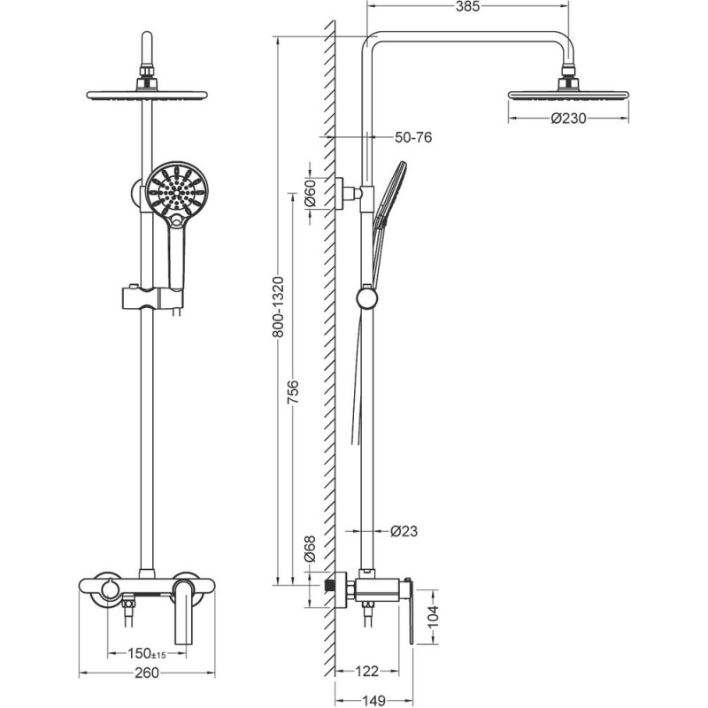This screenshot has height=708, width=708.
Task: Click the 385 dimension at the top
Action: point(467,7)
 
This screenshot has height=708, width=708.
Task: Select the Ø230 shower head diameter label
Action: point(568,119)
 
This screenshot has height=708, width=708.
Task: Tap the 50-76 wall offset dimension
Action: point(413,137)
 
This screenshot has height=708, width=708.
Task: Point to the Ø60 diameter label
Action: point(311,193)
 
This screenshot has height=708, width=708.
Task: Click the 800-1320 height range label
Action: point(279,307)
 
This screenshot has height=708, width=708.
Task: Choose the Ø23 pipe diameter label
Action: point(404,531)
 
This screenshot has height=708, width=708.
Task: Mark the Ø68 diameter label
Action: point(310,549)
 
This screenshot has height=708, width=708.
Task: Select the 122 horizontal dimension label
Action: point(366,672)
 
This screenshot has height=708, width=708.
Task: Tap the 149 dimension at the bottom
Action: point(373,701)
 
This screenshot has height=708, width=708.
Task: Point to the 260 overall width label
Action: point(147,673)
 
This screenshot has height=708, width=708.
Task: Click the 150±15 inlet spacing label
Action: point(147,653)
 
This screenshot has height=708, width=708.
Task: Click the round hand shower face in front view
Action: point(177,191)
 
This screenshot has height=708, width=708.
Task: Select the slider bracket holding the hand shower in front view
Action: point(152,298)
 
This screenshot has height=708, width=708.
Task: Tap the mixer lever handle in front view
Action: point(183,613)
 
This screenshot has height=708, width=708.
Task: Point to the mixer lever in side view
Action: point(410,611)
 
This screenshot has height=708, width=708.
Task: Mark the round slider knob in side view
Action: point(367,298)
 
